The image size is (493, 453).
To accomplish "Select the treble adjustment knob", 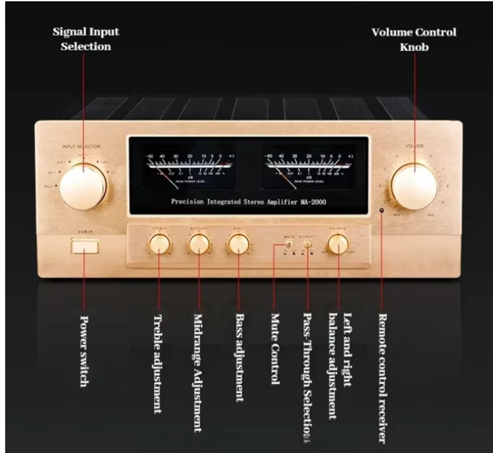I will (x=160, y=244).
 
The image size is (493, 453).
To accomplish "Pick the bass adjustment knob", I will (x=238, y=244).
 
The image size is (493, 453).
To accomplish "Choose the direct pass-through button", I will (x=308, y=243).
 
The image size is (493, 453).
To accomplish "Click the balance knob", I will (x=337, y=244).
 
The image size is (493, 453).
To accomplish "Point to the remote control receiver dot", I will (x=382, y=212).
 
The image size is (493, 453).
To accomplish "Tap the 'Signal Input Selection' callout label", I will (x=86, y=39).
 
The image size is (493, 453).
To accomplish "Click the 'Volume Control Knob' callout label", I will (x=414, y=39).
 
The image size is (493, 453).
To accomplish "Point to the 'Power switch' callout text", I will (x=86, y=351).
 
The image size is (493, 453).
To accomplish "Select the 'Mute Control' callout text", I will (x=275, y=349).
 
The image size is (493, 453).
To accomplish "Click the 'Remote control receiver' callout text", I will (x=382, y=377).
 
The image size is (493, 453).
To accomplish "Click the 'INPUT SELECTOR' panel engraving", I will (x=81, y=146).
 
